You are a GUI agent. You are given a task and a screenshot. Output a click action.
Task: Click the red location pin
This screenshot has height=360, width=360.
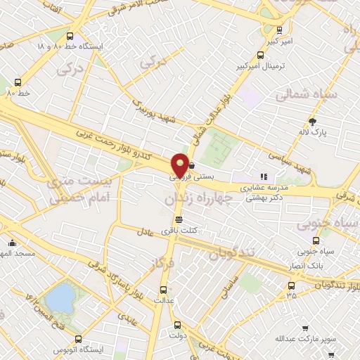pos(181,165)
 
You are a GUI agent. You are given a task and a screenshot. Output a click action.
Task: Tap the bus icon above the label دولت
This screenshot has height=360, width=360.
pos(176,325)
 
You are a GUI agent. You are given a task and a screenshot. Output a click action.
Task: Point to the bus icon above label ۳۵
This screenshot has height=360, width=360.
pos(292,285)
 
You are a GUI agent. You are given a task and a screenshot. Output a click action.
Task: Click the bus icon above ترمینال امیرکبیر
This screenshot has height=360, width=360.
pos(281,30)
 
